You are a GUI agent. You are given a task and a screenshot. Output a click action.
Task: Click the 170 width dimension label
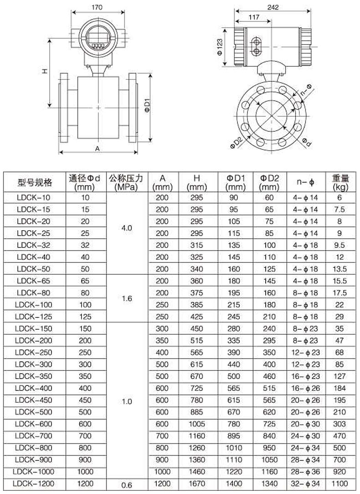point(97,7)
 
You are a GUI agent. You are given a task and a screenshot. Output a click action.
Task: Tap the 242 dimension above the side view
point(273,7)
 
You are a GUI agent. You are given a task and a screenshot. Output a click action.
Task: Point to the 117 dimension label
point(254,17)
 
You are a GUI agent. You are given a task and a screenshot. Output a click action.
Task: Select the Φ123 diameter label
point(220,47)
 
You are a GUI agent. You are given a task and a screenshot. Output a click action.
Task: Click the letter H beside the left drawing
point(45,72)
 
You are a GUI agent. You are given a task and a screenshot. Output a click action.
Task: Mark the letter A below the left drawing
point(98,148)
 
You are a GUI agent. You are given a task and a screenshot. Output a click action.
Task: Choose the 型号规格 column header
point(35,182)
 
